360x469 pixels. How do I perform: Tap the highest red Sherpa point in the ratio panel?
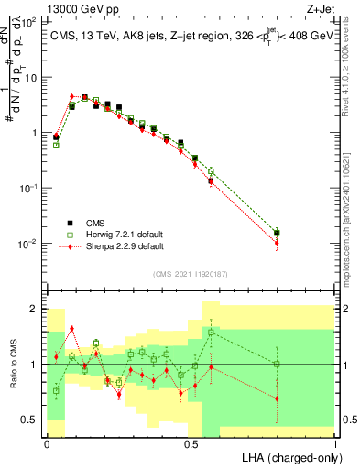[71, 328]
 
